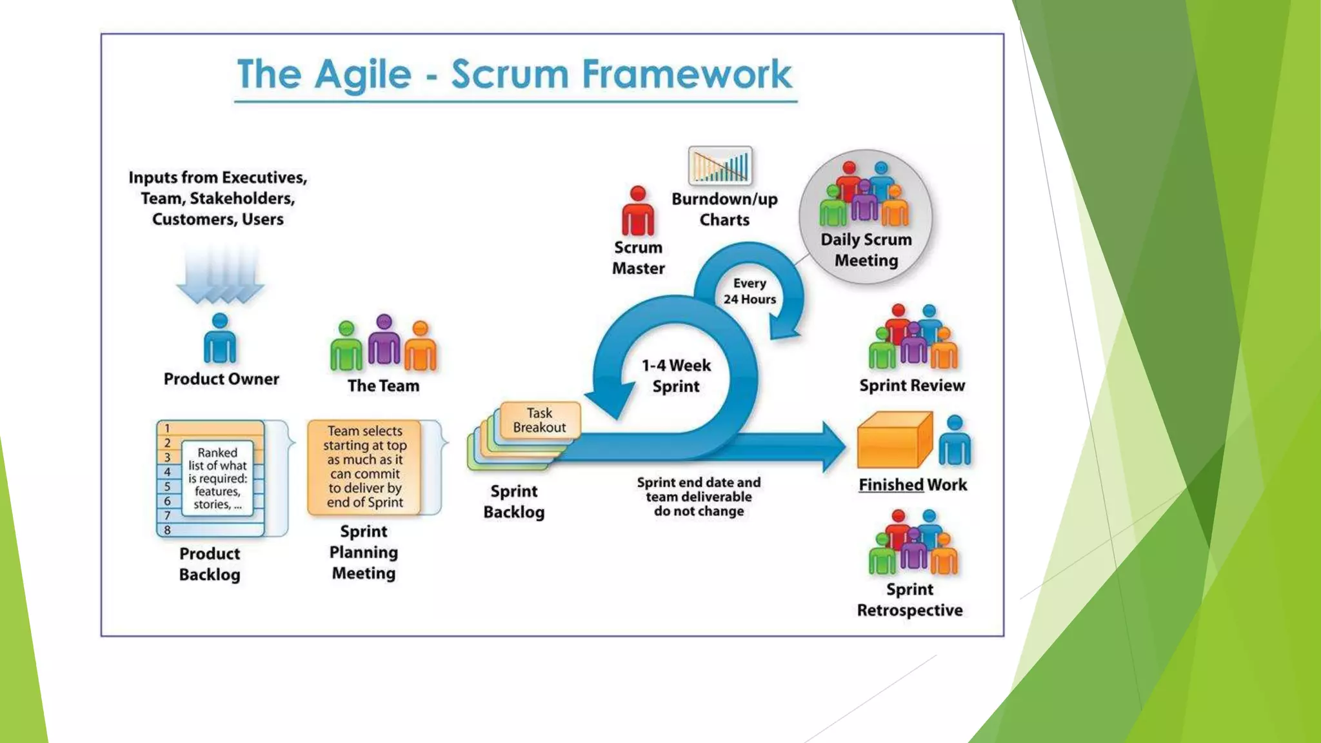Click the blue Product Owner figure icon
coord(220,339)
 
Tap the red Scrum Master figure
coord(638,212)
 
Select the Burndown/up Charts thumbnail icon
coord(720,166)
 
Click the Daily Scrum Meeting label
coord(866,250)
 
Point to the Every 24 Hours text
coord(750,291)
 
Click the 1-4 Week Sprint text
coord(675,375)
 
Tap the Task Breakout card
coord(540,421)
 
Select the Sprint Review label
coord(911,386)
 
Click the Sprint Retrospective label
coord(909,600)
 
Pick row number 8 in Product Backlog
coord(168,530)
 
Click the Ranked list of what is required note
coord(217,478)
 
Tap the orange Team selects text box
coord(364,466)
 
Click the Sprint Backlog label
coord(513,502)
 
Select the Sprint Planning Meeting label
coord(364,553)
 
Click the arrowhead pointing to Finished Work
coord(833,446)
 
